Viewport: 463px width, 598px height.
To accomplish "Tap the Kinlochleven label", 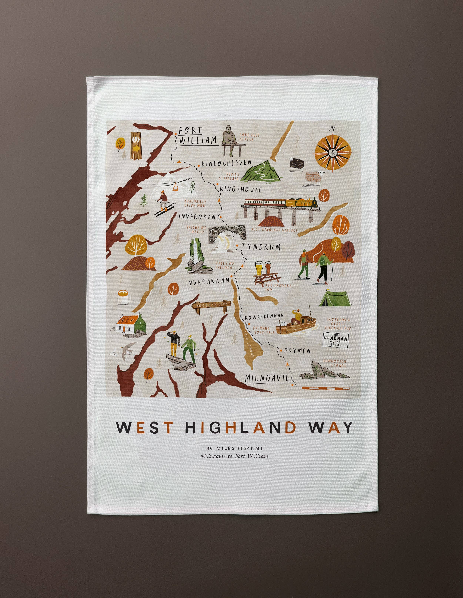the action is pos(226,164).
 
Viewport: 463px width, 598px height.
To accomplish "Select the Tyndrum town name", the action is pos(261,247).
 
